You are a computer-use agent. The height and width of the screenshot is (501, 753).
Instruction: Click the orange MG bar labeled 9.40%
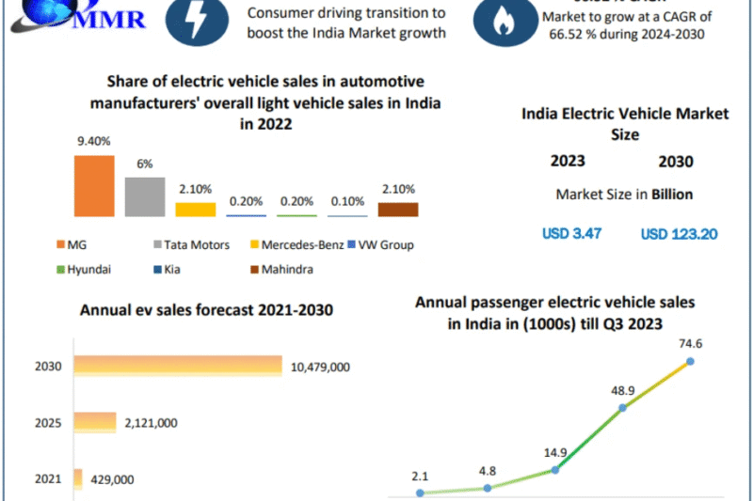(93, 186)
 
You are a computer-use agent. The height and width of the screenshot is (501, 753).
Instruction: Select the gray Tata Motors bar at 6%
(144, 197)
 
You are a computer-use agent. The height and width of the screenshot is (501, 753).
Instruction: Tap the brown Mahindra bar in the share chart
(398, 210)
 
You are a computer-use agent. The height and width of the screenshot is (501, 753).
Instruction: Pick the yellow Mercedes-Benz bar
(195, 210)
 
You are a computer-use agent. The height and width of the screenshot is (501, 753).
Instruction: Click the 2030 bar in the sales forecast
(178, 366)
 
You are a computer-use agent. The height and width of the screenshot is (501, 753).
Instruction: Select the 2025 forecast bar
(95, 423)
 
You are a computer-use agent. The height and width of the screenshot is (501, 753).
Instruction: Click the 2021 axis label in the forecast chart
(47, 479)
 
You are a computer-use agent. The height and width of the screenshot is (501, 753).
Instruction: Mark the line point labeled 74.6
(690, 361)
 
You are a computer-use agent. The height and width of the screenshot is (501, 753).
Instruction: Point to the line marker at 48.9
(622, 408)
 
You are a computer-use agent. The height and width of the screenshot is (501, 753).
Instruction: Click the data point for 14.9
(554, 469)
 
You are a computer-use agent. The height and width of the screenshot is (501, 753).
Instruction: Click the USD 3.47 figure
(571, 233)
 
